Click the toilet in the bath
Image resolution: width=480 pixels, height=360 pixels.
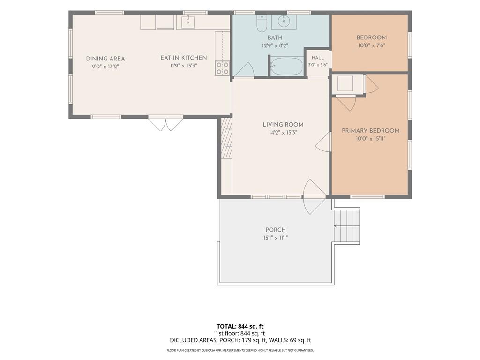[x=262, y=23]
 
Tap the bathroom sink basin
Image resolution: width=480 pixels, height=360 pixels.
[x=284, y=22]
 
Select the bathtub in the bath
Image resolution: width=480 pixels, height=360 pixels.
[x=287, y=67]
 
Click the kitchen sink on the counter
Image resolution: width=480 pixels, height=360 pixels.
[x=187, y=22]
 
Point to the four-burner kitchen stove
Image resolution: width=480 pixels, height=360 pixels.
[x=222, y=68]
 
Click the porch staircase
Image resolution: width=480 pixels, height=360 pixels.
[x=346, y=225]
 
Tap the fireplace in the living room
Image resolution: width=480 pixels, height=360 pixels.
[x=226, y=138]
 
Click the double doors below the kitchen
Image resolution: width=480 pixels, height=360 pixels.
[x=165, y=123]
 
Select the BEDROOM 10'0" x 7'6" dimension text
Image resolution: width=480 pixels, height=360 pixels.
[x=371, y=45]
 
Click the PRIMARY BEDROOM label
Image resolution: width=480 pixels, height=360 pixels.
[x=370, y=131]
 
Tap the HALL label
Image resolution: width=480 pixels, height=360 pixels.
[x=318, y=58]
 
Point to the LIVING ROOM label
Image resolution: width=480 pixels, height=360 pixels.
[x=283, y=125]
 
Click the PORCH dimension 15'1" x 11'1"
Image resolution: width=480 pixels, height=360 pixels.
[x=276, y=238]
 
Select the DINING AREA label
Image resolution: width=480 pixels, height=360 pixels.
[x=105, y=59]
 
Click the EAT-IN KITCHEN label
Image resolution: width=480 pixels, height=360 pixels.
[x=184, y=58]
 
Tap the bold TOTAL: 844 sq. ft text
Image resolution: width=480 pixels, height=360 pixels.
[x=240, y=326]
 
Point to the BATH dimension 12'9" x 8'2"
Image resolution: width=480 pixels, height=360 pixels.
[x=275, y=45]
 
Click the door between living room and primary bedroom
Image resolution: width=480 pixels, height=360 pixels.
[x=323, y=142]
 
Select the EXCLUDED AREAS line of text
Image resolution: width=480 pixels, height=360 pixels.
[x=240, y=340]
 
